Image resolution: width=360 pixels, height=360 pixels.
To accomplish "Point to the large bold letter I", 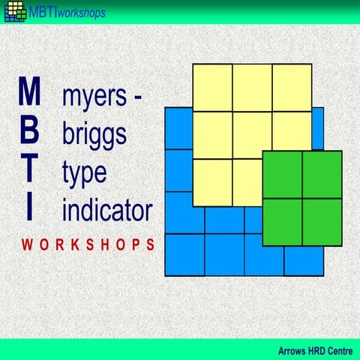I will pyautogui.click(x=29, y=205).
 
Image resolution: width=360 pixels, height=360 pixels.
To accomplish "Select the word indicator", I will pyautogui.click(x=107, y=208).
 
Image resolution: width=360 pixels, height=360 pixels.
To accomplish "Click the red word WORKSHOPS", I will pyautogui.click(x=88, y=244).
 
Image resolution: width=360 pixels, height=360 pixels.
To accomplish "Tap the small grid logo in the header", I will pyautogui.click(x=14, y=12).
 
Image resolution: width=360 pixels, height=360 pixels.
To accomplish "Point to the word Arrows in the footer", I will pyautogui.click(x=293, y=349).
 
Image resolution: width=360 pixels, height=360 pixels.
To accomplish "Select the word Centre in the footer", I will pyautogui.click(x=337, y=349).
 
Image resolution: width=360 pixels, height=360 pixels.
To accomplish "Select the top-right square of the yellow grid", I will pyautogui.click(x=292, y=88).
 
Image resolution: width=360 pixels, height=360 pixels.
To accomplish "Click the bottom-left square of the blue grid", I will pyautogui.click(x=184, y=254).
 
